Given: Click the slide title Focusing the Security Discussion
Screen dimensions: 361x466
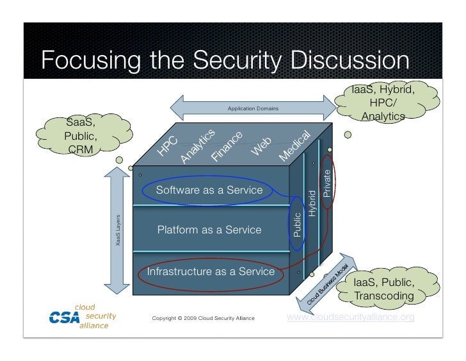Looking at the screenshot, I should click(225, 61).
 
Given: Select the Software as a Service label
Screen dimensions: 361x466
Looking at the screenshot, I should click(209, 190).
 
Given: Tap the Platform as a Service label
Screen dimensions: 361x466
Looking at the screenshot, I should click(209, 230).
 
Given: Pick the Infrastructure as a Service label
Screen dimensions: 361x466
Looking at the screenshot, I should click(211, 271).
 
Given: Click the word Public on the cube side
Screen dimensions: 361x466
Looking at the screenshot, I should click(297, 224).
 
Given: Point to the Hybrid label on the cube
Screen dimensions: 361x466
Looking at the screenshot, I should click(312, 203).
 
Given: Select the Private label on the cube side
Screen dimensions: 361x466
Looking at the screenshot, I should click(327, 183).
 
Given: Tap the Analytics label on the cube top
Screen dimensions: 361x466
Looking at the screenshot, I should click(197, 144).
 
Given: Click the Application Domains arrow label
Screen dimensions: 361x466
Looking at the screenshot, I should click(253, 108).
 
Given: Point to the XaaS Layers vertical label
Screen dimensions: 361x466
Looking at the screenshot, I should click(118, 235).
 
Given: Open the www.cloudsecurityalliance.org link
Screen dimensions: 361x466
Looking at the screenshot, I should click(351, 317).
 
